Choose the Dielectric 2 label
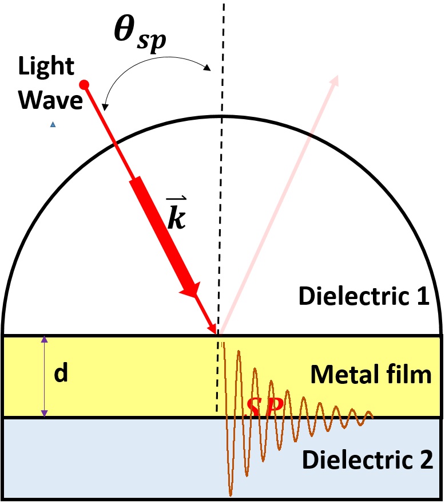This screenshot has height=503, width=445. (367, 459)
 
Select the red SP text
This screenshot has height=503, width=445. (264, 407)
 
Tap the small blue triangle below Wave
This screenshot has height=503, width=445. (53, 124)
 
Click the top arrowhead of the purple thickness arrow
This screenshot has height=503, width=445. (44, 340)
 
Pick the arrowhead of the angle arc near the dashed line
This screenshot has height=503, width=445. (209, 68)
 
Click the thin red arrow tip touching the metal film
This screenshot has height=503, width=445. (215, 331)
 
